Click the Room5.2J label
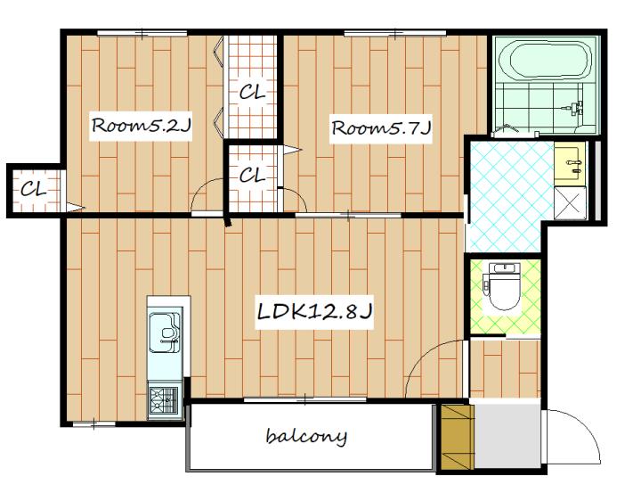141,125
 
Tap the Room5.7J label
381,127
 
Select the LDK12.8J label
314,312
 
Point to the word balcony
306,436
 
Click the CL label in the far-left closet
34,189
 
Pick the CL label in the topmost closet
252,92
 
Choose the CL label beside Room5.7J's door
252,176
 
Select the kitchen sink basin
164,333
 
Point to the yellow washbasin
570,163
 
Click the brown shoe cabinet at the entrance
458,437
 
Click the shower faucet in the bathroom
574,110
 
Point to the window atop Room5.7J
395,33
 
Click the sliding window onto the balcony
305,400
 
